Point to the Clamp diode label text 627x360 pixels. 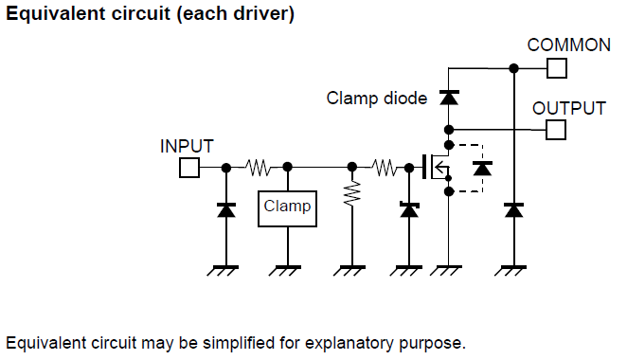377,99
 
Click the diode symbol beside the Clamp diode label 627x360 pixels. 449,98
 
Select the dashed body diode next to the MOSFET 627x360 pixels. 482,169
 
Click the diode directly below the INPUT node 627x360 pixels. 226,209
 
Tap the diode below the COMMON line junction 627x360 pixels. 514,209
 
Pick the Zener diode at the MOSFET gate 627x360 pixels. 409,209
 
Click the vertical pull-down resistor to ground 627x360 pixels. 352,194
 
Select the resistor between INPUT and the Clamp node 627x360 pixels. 257,168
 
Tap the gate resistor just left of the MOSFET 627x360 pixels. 385,168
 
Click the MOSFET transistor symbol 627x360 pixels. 437,167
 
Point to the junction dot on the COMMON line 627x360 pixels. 514,68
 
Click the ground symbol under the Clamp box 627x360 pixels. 285,270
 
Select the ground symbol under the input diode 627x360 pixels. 224,270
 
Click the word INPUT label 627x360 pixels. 187,147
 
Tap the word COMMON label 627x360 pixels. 568,45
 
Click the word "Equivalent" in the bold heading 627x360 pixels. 56,13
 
